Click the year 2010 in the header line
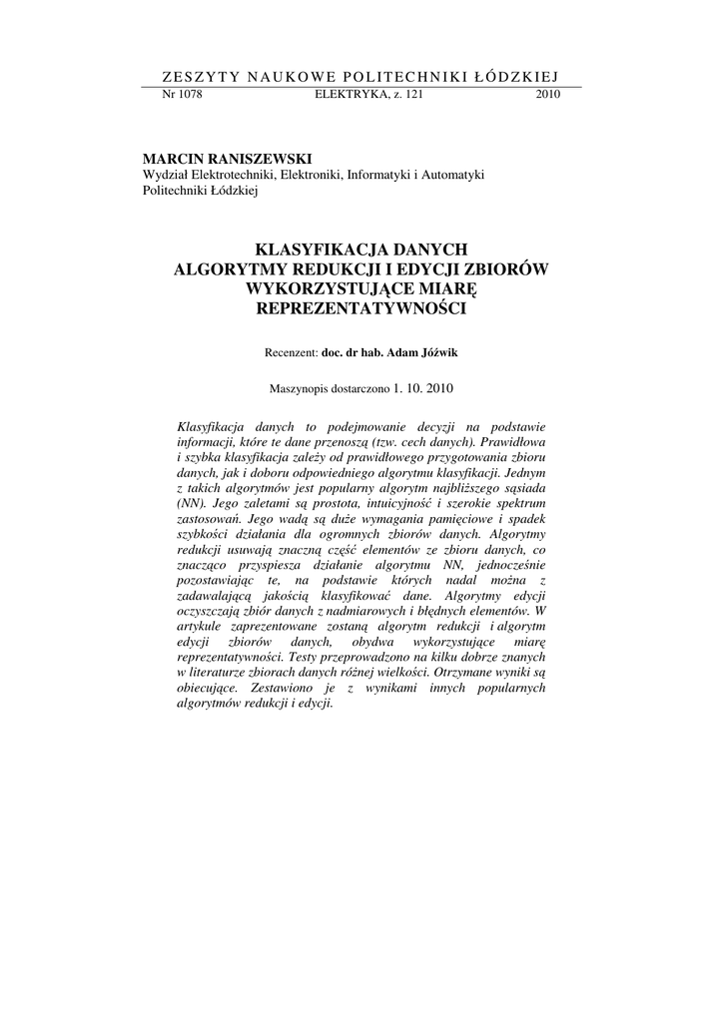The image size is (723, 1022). point(548,95)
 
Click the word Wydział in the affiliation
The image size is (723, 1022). point(167,175)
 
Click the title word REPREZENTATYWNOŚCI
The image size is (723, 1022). point(361,308)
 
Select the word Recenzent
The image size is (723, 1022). point(290,352)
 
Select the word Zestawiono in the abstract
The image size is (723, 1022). point(287,689)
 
